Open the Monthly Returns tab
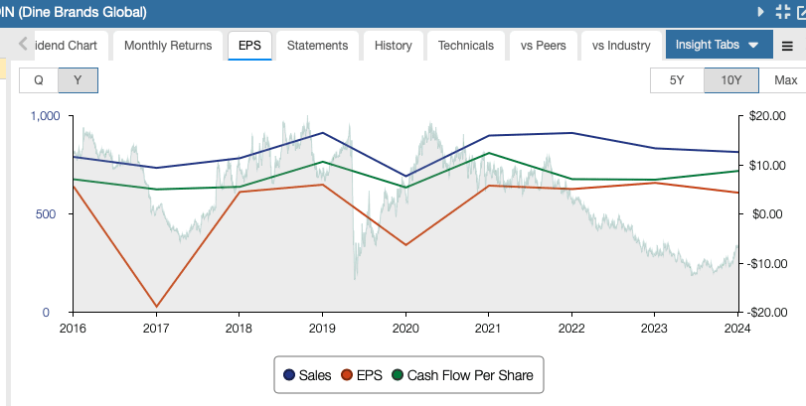tap(168, 46)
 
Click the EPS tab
tap(249, 46)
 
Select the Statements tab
tap(317, 46)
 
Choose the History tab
tap(394, 46)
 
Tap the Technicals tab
tap(465, 46)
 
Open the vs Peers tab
tap(540, 46)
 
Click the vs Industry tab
tap(621, 46)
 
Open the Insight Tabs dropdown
tap(717, 46)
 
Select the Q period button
tap(39, 80)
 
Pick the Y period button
tap(78, 80)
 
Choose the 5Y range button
tap(676, 80)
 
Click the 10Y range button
tap(730, 80)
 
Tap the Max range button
tap(785, 80)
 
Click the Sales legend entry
tap(308, 375)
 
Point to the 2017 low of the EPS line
tap(156, 307)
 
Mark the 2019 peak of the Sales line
tap(322, 133)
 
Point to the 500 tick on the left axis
tap(48, 214)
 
